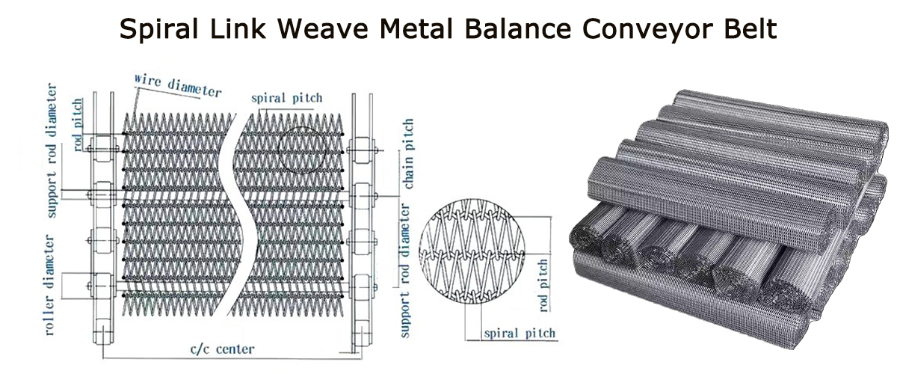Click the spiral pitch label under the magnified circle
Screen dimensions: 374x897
pos(520,333)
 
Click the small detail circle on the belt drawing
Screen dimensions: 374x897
pos(303,147)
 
